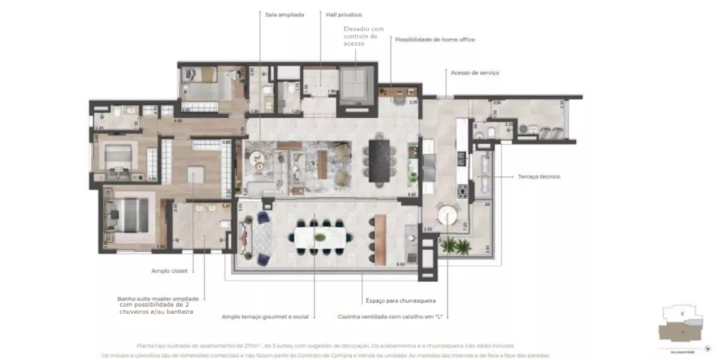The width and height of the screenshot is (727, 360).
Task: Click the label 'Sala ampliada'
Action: (284, 14)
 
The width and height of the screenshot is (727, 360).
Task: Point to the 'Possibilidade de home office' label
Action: (435, 39)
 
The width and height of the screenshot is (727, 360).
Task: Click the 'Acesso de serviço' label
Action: (475, 73)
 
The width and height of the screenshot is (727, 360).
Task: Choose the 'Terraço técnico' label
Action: (539, 176)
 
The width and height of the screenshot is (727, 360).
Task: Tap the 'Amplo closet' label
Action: (170, 270)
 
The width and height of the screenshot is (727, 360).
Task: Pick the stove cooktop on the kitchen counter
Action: (461, 191)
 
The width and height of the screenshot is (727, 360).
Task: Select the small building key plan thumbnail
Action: (683, 325)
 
